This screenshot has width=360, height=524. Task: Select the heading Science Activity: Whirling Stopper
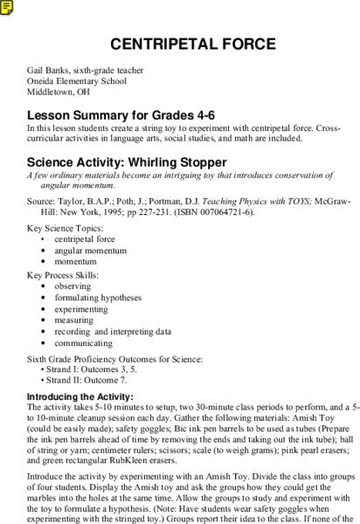tap(127, 162)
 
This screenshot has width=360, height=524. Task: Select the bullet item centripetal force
tap(85, 238)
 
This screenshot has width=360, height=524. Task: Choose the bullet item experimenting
tap(80, 308)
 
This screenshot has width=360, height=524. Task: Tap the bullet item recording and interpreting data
tap(113, 331)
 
